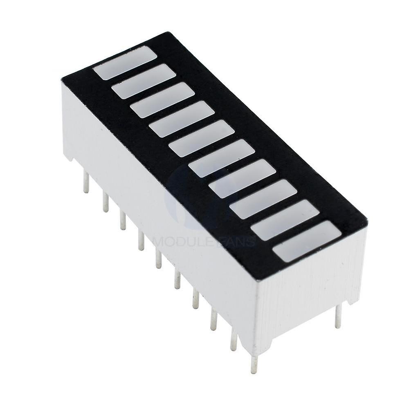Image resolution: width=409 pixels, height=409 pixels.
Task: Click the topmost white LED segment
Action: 125,62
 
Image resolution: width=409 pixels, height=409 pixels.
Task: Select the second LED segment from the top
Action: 144,81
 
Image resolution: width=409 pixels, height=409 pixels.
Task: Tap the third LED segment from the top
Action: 162,100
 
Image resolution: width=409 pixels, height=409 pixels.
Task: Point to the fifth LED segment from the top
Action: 201,138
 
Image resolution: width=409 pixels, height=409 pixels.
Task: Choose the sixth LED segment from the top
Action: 222,158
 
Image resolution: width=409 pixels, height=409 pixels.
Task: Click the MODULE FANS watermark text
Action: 204,241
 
